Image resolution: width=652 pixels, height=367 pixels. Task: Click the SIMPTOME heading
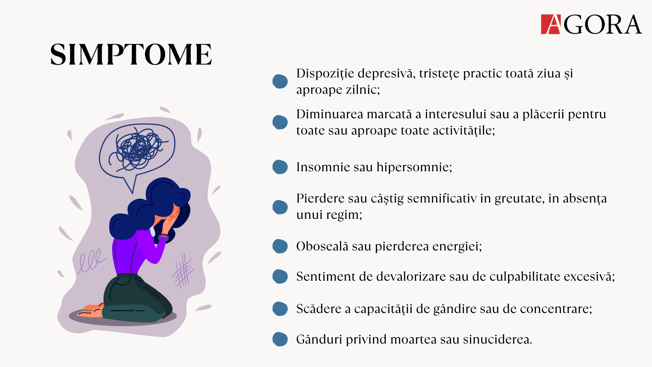tap(131, 54)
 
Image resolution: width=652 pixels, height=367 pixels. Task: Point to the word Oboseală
tap(322, 246)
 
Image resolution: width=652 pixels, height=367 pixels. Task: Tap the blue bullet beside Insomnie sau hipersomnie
tap(280, 167)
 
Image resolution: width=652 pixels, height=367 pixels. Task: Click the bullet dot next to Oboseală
tap(280, 246)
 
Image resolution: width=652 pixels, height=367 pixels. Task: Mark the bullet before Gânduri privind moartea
tap(280, 339)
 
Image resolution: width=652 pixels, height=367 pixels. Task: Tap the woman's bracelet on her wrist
tap(163, 237)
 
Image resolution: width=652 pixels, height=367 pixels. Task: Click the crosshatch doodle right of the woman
tap(183, 271)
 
